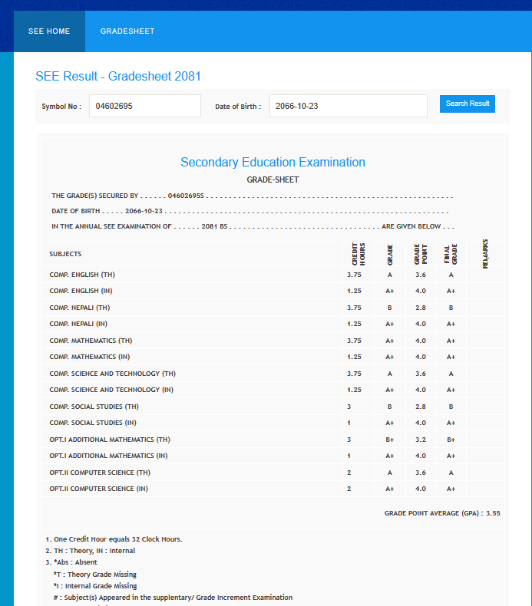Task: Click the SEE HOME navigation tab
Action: pyautogui.click(x=49, y=31)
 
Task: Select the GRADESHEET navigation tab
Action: pyautogui.click(x=127, y=31)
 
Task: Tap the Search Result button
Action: pyautogui.click(x=468, y=104)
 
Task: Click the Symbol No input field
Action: pyautogui.click(x=145, y=106)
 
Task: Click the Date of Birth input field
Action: pyautogui.click(x=348, y=106)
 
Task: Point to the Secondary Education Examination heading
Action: pyautogui.click(x=273, y=163)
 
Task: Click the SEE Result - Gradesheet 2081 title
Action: pyautogui.click(x=118, y=77)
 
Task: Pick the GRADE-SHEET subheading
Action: pyautogui.click(x=273, y=180)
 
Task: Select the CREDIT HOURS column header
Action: pyautogui.click(x=358, y=254)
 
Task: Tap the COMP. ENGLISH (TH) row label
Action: pyautogui.click(x=82, y=275)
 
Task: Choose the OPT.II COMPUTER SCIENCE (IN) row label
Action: pyautogui.click(x=98, y=489)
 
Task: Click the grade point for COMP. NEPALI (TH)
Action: pyautogui.click(x=420, y=308)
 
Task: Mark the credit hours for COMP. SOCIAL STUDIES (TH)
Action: pyautogui.click(x=349, y=407)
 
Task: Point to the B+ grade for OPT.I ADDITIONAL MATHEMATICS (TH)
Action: pyautogui.click(x=389, y=440)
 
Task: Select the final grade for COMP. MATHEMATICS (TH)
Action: pyautogui.click(x=451, y=341)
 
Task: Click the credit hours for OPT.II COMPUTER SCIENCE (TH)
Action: pyautogui.click(x=349, y=473)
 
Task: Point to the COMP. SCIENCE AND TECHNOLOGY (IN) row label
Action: pyautogui.click(x=111, y=390)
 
